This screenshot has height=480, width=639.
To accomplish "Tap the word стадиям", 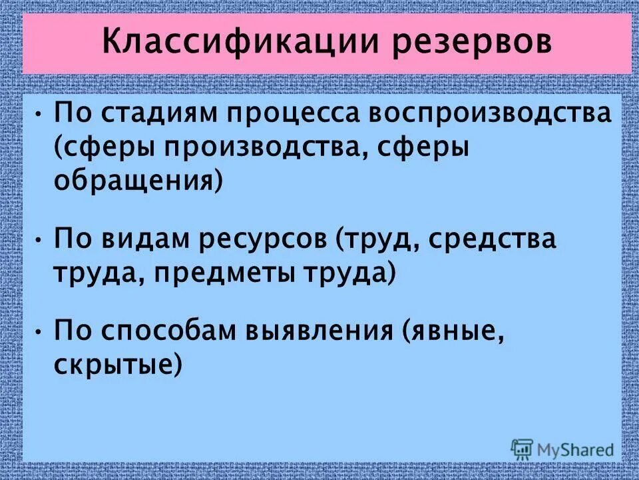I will [x=156, y=115].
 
